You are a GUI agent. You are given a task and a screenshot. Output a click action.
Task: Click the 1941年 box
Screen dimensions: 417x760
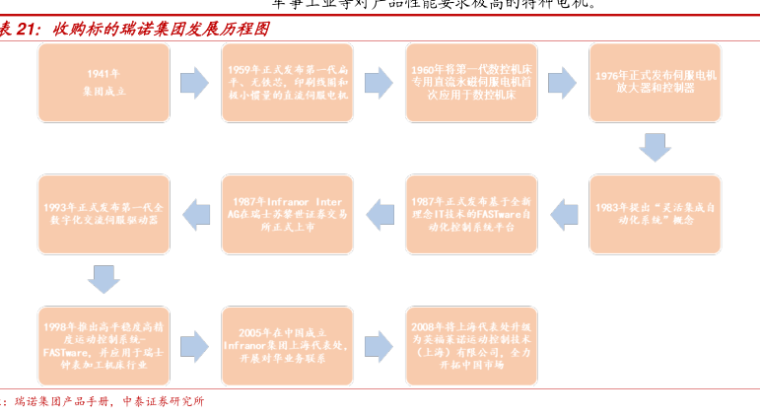[104, 82]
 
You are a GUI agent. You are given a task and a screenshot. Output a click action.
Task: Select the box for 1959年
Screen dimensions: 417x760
[288, 82]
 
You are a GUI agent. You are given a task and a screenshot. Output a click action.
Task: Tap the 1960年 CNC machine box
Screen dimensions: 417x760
[471, 82]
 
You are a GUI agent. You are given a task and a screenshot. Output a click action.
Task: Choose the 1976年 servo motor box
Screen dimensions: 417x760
[655, 82]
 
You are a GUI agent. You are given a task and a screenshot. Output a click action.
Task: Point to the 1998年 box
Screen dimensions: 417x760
[104, 344]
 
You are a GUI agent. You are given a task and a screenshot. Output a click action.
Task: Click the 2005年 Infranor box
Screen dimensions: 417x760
[288, 344]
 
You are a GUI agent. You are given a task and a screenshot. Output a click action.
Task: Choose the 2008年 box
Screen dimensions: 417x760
[471, 344]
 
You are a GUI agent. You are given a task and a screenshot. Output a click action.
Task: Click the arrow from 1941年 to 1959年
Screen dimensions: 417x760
[195, 83]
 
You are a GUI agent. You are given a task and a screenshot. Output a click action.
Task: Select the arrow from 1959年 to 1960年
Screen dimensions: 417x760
[380, 83]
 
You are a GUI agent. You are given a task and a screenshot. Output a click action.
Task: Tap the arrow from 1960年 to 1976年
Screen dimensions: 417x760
[562, 83]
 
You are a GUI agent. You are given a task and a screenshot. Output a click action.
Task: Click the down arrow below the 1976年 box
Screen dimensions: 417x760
[655, 148]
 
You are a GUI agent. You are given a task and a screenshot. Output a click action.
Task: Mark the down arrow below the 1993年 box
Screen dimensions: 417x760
[104, 279]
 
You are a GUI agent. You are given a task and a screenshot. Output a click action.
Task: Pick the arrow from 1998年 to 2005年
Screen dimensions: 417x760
[195, 345]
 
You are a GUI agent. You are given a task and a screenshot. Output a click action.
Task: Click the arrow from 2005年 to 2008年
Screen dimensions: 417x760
[380, 345]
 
